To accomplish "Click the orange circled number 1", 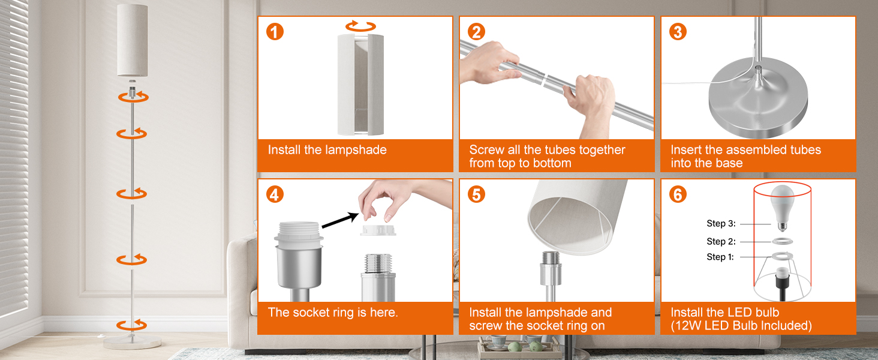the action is pyautogui.click(x=275, y=32).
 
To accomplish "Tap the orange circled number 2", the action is pyautogui.click(x=476, y=32).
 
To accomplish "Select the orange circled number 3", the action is pyautogui.click(x=678, y=32).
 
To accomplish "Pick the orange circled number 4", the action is pyautogui.click(x=275, y=194).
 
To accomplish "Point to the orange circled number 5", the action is pyautogui.click(x=476, y=194).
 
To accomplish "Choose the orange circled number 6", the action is pyautogui.click(x=678, y=194).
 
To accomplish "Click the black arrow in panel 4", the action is pyautogui.click(x=340, y=220).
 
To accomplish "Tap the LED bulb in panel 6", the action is pyautogui.click(x=783, y=208).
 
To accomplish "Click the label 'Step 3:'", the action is pyautogui.click(x=721, y=224).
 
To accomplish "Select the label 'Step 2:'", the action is pyautogui.click(x=721, y=242).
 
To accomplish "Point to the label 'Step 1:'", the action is pyautogui.click(x=720, y=257).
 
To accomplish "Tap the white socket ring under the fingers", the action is pyautogui.click(x=378, y=230).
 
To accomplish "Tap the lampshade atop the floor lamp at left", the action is pyautogui.click(x=133, y=40).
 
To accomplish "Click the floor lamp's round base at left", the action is pyautogui.click(x=133, y=342).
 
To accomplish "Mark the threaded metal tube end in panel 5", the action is pyautogui.click(x=551, y=258).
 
